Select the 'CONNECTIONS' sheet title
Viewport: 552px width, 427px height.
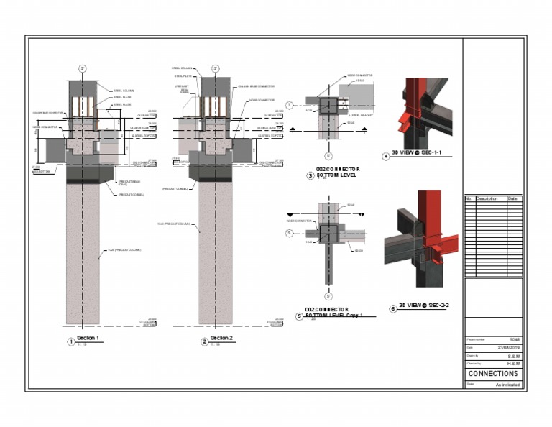pos(493,374)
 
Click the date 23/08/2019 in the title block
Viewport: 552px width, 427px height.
pos(508,348)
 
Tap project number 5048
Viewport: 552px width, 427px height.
pos(514,340)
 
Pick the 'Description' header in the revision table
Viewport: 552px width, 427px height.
pos(487,199)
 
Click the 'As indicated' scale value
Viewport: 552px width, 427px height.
pos(507,385)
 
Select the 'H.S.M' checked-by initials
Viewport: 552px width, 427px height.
pos(513,364)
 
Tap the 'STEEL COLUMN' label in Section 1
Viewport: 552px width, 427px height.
pos(124,91)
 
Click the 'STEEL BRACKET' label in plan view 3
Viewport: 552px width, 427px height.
pos(361,114)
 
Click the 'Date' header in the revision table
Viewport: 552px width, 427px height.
pos(512,199)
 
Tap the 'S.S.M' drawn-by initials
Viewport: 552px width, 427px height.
pos(514,356)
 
